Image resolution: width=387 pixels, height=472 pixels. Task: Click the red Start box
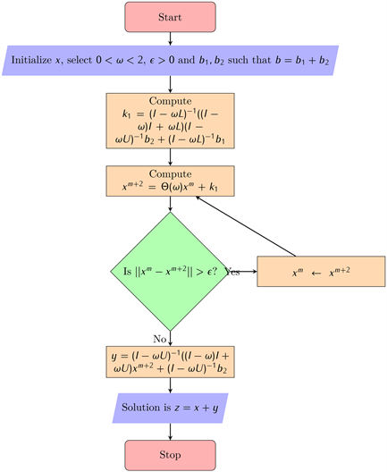pos(171,17)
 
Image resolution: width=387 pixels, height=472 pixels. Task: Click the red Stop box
pos(171,455)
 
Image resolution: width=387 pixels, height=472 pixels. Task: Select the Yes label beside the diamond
pos(232,272)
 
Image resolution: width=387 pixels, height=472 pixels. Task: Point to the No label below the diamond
pos(159,339)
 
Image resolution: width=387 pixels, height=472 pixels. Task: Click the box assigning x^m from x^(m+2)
pos(321,271)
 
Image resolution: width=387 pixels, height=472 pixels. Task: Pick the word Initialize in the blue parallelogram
pos(31,60)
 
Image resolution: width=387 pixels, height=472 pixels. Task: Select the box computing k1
pos(171,121)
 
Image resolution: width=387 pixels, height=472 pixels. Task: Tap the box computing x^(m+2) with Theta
pos(171,181)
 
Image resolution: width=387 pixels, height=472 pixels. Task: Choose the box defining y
pos(171,362)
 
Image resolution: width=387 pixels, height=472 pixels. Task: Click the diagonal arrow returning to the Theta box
pos(246,226)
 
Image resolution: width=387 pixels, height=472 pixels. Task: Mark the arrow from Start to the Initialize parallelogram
pos(171,38)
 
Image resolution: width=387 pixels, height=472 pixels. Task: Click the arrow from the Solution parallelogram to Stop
pos(171,432)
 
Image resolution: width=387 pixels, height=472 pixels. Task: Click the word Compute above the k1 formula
pos(171,101)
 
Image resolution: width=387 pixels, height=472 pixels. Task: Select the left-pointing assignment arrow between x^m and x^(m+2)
pos(316,273)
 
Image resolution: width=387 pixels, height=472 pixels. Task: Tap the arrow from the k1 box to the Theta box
pos(171,157)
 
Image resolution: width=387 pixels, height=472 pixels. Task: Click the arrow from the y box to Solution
pos(171,385)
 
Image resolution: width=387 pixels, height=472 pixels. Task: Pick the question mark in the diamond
pos(214,271)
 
